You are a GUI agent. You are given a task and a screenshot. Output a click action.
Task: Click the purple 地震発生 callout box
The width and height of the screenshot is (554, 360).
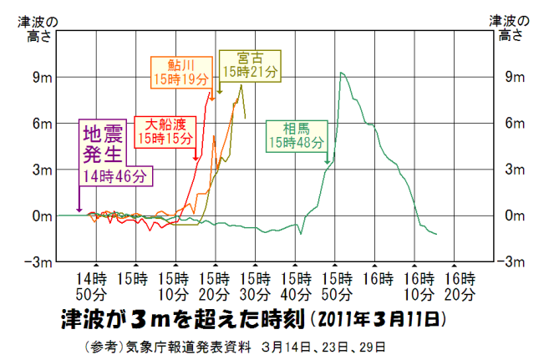click(114, 153)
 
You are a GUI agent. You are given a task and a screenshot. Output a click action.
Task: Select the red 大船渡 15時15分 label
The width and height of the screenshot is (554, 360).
click(165, 129)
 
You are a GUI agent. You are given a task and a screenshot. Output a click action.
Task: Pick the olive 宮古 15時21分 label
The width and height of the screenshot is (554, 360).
click(247, 65)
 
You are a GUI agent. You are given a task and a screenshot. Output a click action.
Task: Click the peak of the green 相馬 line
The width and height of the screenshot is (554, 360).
click(341, 73)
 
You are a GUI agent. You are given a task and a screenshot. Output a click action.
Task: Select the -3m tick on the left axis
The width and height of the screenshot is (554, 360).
click(40, 261)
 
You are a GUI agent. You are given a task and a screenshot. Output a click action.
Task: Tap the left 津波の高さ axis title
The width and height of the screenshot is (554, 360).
click(38, 28)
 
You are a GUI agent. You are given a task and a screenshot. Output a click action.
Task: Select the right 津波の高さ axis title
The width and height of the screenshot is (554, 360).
click(509, 28)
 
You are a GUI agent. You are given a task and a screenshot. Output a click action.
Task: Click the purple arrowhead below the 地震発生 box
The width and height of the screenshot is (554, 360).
click(79, 210)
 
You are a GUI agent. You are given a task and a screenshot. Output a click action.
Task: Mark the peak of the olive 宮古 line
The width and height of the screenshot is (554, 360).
click(241, 85)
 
